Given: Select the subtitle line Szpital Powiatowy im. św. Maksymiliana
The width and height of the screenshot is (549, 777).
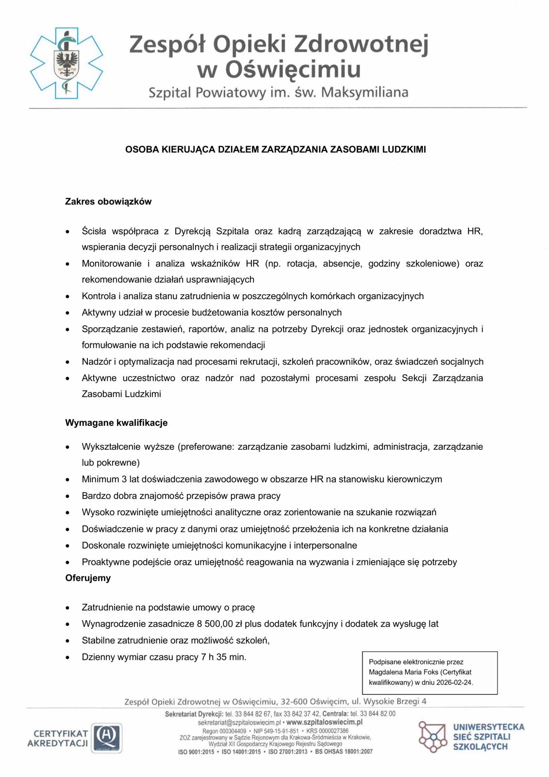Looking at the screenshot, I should tap(278, 92).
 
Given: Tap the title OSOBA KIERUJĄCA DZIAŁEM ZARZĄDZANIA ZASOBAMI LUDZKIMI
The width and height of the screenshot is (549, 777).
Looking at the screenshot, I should tap(275, 150).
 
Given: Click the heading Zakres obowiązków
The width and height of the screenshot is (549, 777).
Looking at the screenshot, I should tap(108, 202).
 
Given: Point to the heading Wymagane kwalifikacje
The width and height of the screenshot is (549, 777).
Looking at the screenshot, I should tap(116, 422).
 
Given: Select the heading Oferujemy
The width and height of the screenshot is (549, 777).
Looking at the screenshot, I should tap(88, 578).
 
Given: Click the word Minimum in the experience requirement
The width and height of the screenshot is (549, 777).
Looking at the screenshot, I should tap(100, 479).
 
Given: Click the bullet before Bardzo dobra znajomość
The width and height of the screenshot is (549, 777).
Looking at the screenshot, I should tap(68, 496).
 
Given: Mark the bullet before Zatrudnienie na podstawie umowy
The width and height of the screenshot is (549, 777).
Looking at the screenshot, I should tap(68, 608).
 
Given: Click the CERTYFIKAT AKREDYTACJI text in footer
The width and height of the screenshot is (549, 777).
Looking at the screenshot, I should tap(58, 738).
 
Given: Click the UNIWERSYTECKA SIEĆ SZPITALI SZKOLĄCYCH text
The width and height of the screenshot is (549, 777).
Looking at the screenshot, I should tap(488, 737).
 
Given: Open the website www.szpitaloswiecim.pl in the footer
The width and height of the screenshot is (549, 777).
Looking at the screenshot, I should tap(324, 722).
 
